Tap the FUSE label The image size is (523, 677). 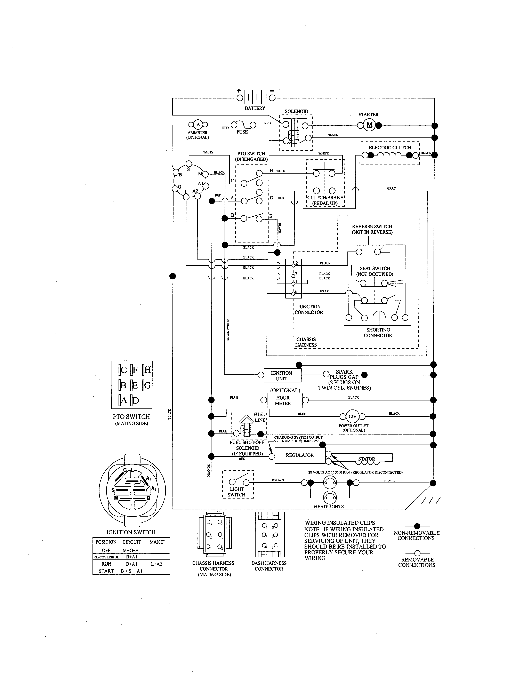(242, 132)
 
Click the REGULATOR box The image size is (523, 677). (300, 455)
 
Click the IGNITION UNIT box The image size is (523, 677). (282, 376)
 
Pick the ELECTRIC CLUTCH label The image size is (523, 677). (390, 148)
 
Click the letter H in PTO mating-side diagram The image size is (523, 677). (147, 369)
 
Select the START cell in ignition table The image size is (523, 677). (106, 571)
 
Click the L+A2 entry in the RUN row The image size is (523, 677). (157, 564)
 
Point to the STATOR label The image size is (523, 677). (367, 459)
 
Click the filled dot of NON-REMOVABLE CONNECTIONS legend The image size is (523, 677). (417, 526)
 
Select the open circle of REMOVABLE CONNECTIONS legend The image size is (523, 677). (417, 553)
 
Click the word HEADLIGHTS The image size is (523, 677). (329, 507)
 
